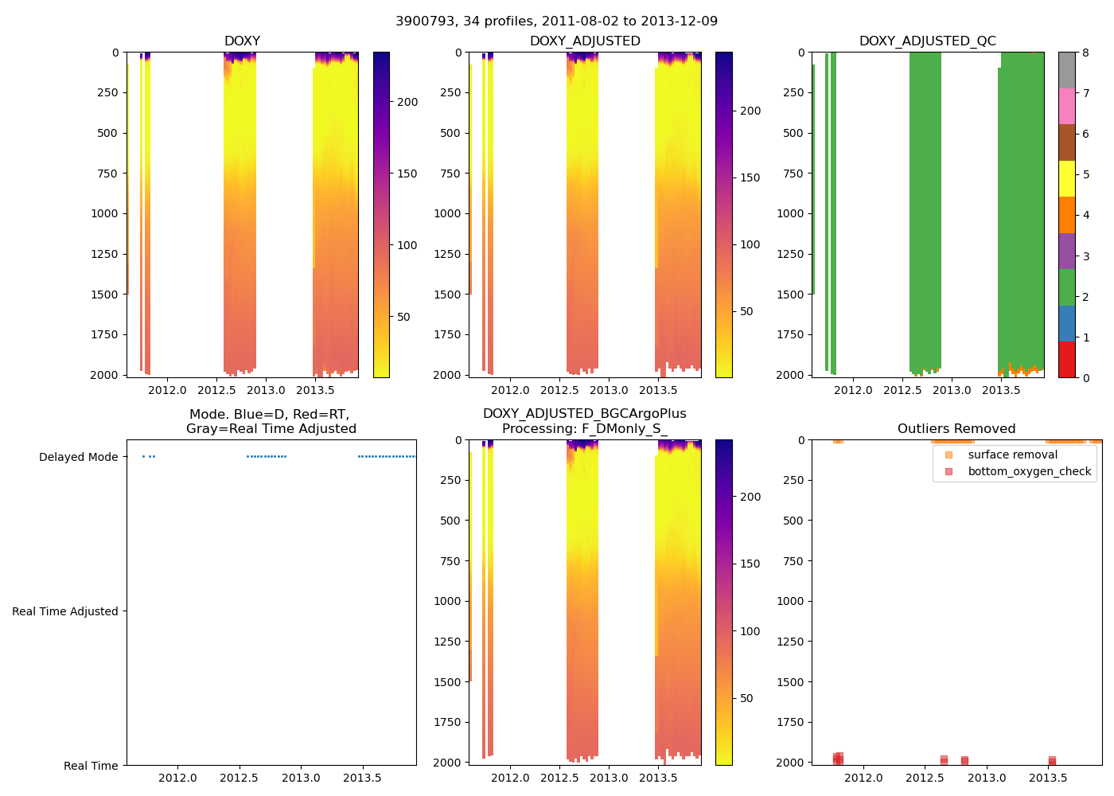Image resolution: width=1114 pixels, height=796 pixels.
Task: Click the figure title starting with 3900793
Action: (556, 21)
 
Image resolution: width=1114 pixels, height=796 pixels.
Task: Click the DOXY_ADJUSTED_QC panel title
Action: (927, 41)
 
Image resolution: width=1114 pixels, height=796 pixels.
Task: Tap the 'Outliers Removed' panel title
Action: (956, 428)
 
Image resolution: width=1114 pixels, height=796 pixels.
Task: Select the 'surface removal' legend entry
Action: (1012, 455)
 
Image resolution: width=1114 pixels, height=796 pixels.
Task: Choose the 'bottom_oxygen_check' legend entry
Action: (1029, 471)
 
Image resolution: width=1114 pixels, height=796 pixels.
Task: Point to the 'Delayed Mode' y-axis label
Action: (78, 457)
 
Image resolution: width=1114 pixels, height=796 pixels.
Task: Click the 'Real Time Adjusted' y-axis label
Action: (65, 611)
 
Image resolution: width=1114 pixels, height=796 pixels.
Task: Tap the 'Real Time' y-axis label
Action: (91, 766)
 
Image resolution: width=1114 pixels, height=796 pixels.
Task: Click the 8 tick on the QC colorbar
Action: (1085, 53)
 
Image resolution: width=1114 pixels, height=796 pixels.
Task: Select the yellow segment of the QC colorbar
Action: (1066, 178)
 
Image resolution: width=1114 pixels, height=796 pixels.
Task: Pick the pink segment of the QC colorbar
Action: (1066, 106)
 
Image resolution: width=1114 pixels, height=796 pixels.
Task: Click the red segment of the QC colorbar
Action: (1066, 359)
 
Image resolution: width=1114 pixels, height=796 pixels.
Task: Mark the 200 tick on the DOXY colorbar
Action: (407, 102)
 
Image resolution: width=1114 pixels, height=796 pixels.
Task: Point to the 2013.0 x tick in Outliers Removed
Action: (987, 778)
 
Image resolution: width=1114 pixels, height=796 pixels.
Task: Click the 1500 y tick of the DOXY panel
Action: (107, 295)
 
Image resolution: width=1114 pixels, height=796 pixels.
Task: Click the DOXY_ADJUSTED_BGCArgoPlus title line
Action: (584, 414)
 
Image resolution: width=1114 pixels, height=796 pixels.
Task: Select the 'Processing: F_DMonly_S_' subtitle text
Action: (584, 429)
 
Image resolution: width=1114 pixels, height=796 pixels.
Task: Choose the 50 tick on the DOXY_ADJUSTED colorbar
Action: (746, 311)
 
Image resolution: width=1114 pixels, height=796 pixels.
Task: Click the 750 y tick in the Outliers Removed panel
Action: (793, 561)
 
